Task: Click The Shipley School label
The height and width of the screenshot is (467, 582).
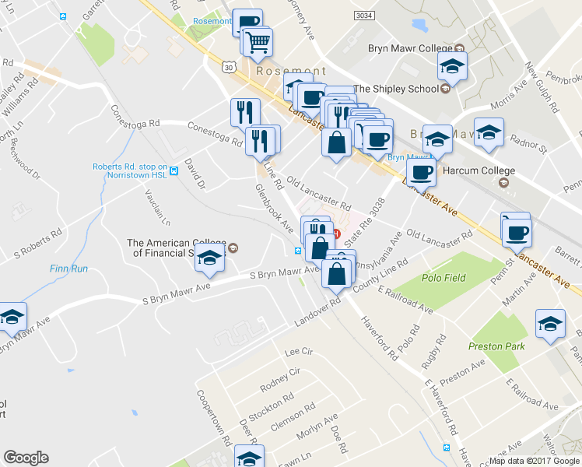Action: click(x=396, y=89)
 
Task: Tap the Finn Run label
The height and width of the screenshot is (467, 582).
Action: click(x=68, y=269)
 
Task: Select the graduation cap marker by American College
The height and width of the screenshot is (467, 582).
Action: click(x=209, y=258)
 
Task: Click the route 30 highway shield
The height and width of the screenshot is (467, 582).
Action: click(x=228, y=68)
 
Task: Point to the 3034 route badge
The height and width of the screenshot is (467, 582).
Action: click(x=363, y=15)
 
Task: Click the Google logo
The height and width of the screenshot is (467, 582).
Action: click(x=26, y=458)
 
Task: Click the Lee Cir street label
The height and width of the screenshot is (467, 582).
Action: click(x=297, y=353)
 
